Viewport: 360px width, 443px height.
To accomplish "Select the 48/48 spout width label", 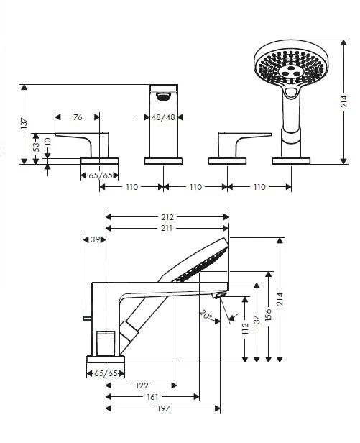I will point(163,117).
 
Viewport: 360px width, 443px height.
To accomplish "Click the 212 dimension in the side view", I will point(167,216).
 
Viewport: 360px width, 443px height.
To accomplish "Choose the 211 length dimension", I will point(167,229).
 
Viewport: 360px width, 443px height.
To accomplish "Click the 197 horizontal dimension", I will point(164,408).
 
